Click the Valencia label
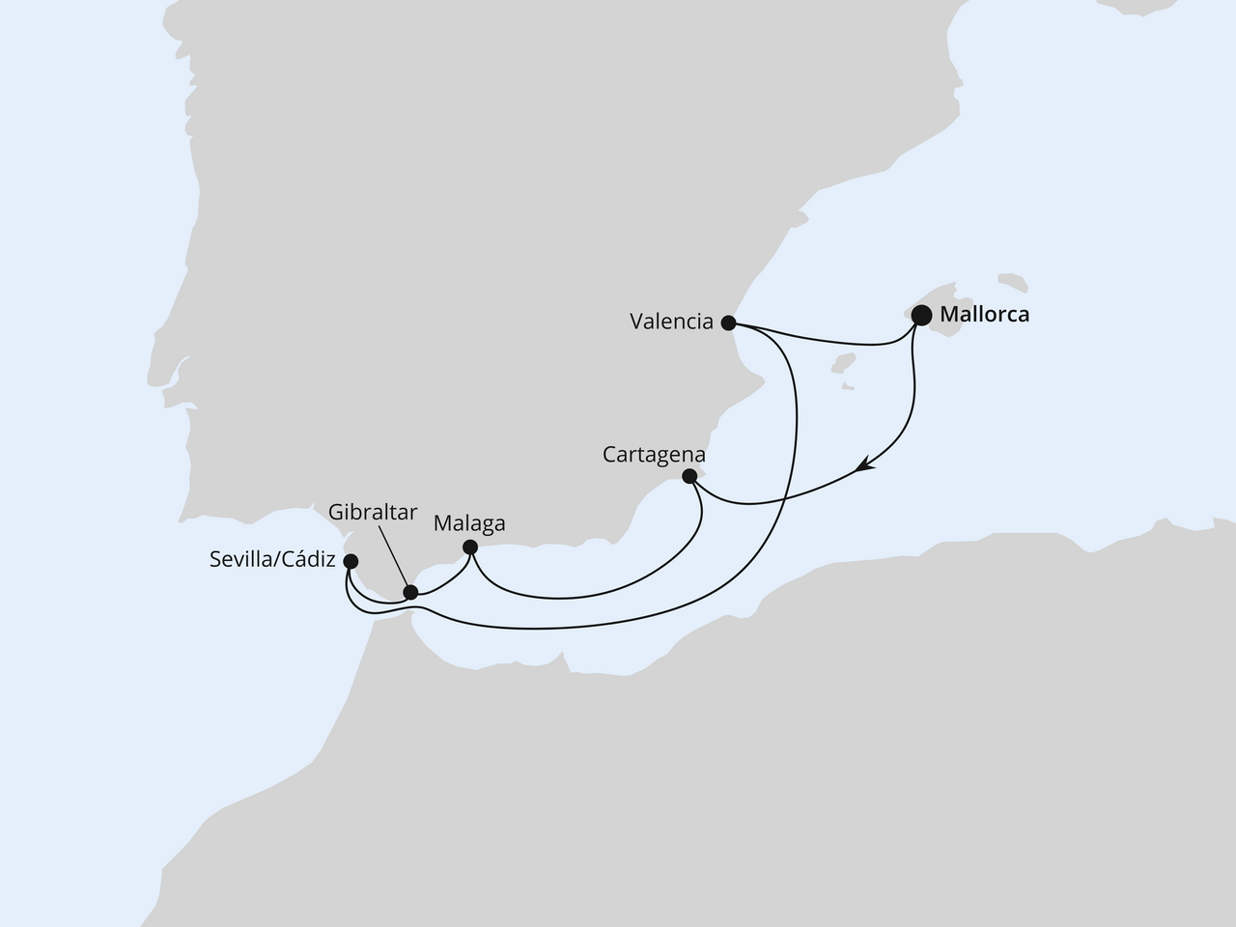671,323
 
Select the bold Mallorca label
984,315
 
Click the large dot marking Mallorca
921,315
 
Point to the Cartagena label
654,454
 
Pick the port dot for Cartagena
689,476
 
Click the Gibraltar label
373,512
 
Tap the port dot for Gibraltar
410,592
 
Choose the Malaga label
469,523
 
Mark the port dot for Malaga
469,548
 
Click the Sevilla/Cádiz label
271,560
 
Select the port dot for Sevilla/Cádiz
351,561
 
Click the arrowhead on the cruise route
864,468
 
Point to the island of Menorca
1013,283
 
